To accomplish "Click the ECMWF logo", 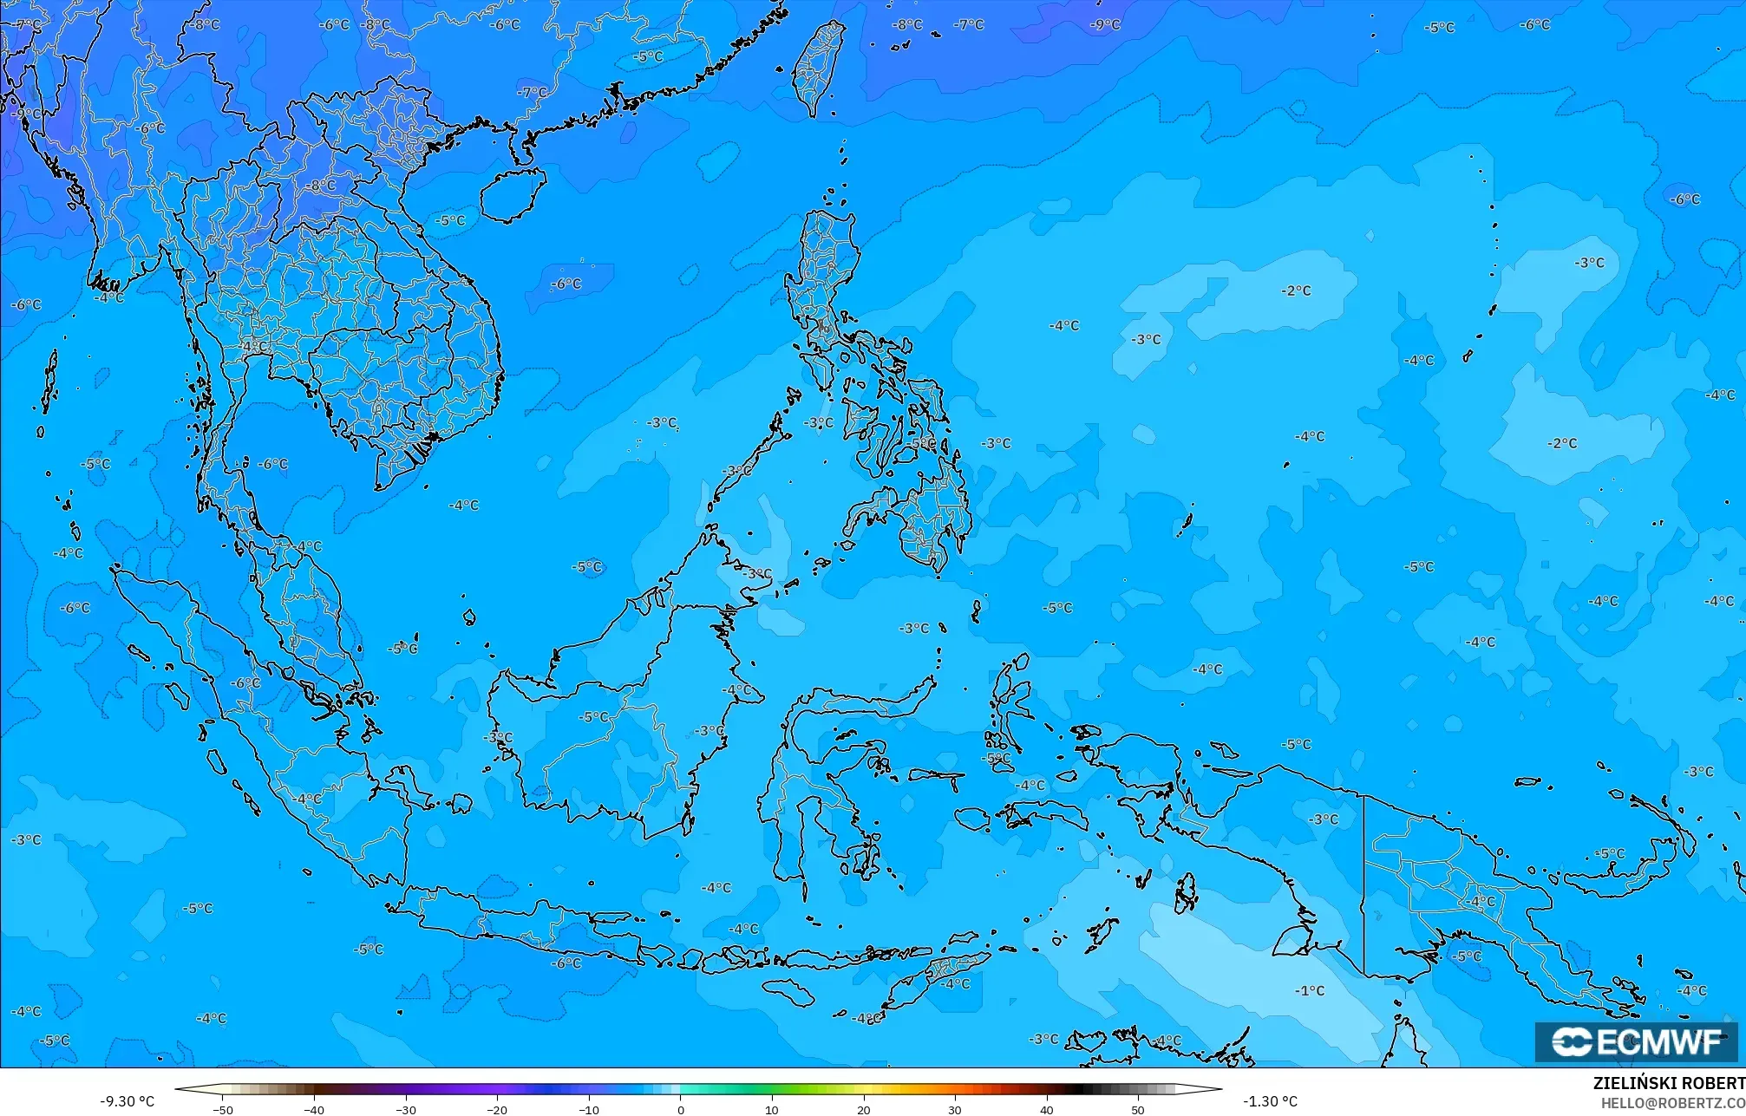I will [1636, 1041].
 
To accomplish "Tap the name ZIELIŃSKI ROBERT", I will [1668, 1084].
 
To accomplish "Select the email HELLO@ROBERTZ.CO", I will [1672, 1103].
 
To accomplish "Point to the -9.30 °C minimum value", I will [127, 1101].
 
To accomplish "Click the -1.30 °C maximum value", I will [1270, 1101].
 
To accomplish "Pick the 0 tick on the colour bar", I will [680, 1109].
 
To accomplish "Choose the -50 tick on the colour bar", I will [223, 1109].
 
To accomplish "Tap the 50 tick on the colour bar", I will [1138, 1109].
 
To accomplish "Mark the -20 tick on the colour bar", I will [497, 1109].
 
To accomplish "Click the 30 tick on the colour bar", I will [955, 1109].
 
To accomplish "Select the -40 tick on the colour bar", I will [314, 1109].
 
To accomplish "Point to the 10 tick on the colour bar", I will [772, 1109].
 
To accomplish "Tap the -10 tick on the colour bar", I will [589, 1109].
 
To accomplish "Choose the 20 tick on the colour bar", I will [863, 1109].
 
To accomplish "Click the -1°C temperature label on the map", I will [1310, 990].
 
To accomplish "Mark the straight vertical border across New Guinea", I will [1364, 884].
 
